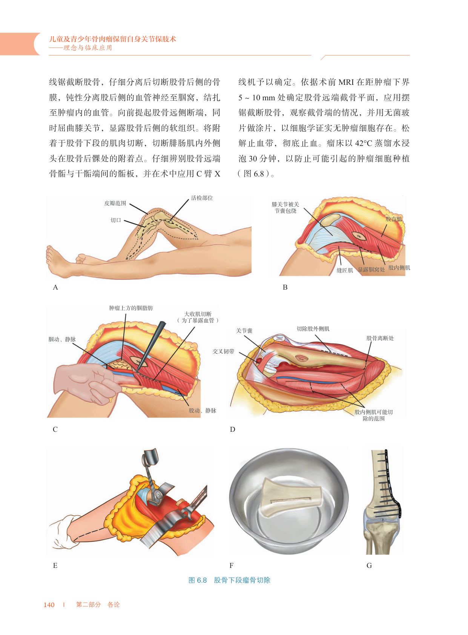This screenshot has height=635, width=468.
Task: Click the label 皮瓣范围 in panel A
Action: click(115, 203)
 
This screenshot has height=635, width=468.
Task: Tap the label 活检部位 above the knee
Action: click(202, 198)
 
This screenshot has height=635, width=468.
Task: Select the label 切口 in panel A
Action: click(116, 220)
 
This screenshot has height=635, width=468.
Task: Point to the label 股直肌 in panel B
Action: click(394, 219)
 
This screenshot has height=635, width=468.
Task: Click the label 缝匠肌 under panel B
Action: click(345, 270)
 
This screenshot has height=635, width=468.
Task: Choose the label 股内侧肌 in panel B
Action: click(399, 268)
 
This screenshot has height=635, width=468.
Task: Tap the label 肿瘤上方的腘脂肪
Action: click(131, 308)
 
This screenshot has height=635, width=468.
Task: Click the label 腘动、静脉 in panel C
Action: click(62, 339)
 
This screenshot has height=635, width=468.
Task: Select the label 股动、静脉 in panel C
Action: click(203, 411)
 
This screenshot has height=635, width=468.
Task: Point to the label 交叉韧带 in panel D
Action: click(223, 351)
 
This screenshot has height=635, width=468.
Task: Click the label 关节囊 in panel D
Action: click(244, 331)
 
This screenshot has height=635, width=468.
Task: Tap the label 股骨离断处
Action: click(380, 338)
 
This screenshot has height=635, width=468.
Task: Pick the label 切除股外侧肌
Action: click(313, 329)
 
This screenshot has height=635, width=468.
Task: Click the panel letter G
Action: click(369, 566)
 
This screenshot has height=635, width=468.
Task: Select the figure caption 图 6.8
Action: click(198, 580)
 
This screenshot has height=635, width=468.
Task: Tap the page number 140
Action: click(49, 605)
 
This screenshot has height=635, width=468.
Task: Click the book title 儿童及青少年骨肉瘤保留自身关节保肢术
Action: click(112, 39)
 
